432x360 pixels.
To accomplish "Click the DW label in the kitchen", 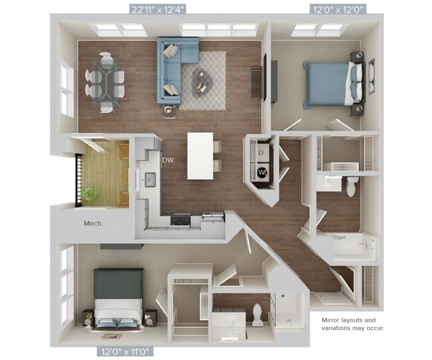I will click(168, 160).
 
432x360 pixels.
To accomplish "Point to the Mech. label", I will click(94, 223).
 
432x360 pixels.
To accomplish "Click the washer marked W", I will click(263, 173).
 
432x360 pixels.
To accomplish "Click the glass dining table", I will click(106, 80).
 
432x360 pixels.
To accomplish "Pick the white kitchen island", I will click(201, 155).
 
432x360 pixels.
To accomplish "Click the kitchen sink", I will click(150, 179).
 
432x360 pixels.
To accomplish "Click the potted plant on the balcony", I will click(90, 195).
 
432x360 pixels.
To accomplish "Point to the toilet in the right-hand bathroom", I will click(350, 185).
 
